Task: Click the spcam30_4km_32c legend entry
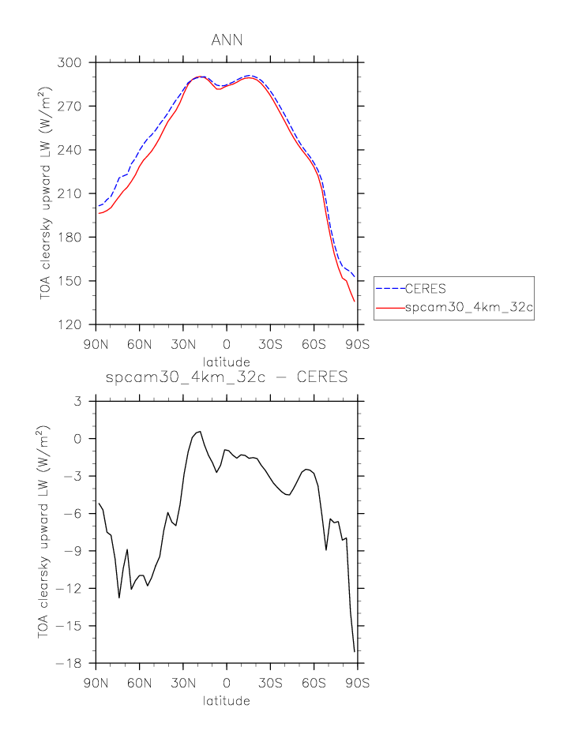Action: [x=469, y=310]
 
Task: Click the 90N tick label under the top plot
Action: [x=96, y=344]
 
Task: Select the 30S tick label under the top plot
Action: [x=270, y=344]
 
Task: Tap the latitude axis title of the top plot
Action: [x=227, y=361]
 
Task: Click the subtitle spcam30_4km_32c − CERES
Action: [x=227, y=377]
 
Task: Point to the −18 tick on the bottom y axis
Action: [x=77, y=664]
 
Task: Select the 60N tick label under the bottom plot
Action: [x=139, y=683]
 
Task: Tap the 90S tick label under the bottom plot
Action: [x=358, y=683]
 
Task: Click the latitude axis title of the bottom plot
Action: [x=227, y=700]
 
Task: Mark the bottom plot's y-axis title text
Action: [x=44, y=533]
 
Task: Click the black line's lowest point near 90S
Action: [x=354, y=652]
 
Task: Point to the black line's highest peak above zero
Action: [x=200, y=431]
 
